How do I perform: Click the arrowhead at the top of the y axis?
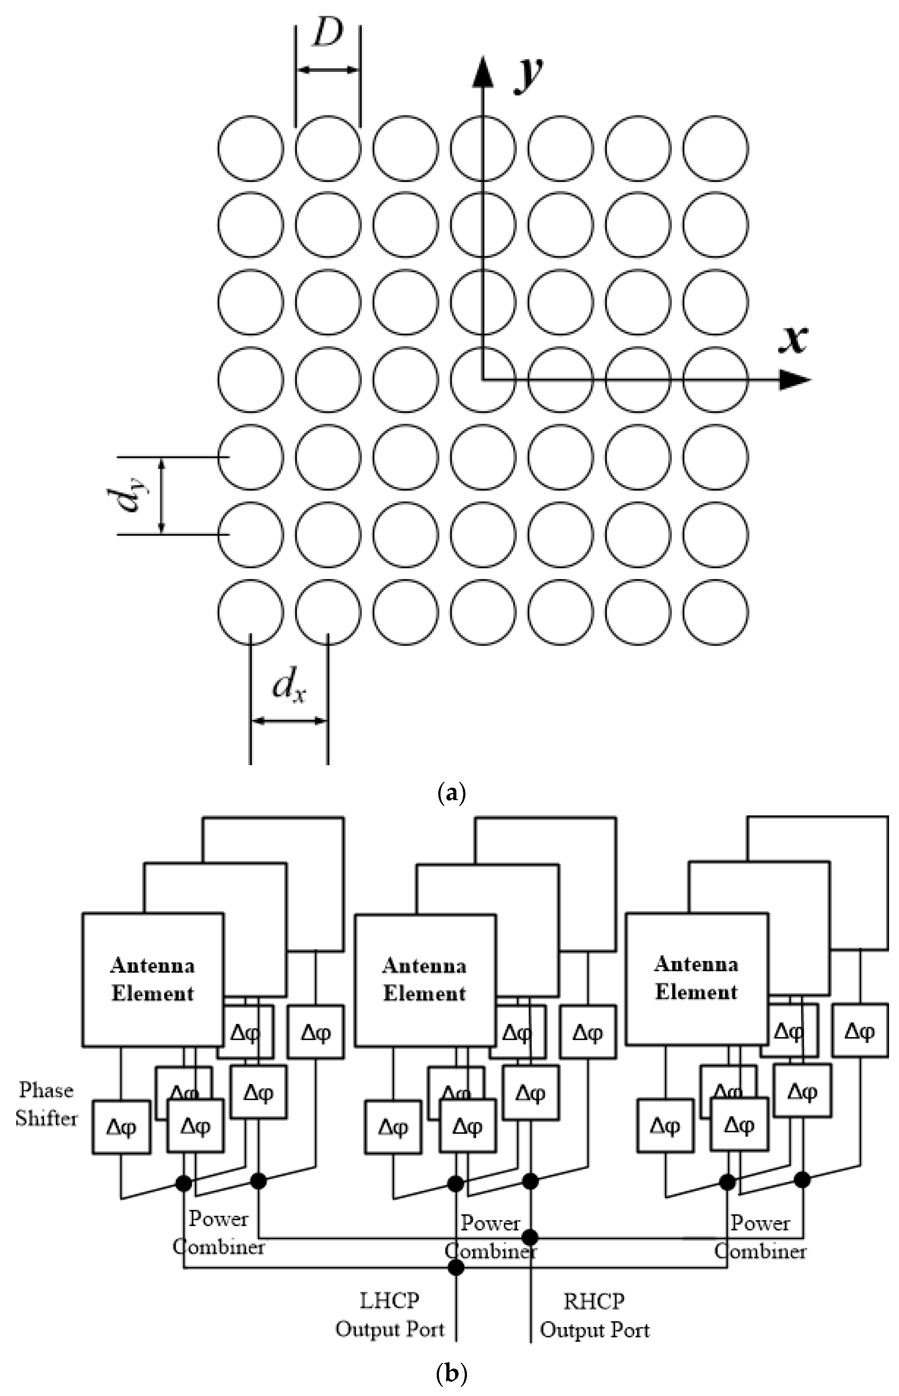pyautogui.click(x=482, y=71)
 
